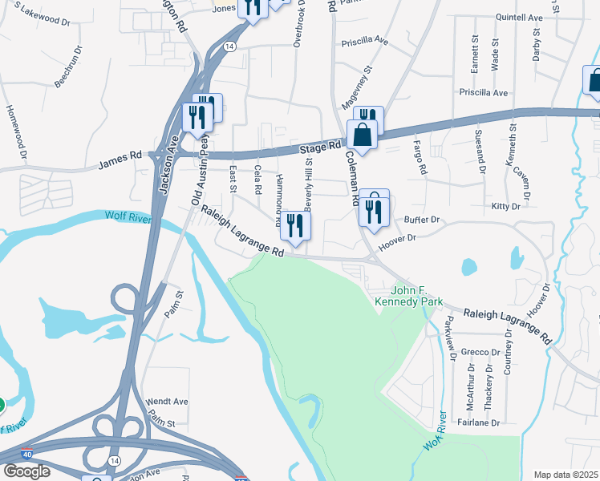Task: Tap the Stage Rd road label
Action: (321, 148)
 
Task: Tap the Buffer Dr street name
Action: (422, 219)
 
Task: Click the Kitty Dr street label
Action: (505, 207)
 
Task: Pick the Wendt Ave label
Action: (166, 401)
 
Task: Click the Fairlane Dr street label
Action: (479, 422)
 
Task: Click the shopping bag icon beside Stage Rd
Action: (362, 136)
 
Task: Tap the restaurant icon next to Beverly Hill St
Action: (295, 227)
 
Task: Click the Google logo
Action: (26, 471)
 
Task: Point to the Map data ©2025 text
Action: (565, 475)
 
